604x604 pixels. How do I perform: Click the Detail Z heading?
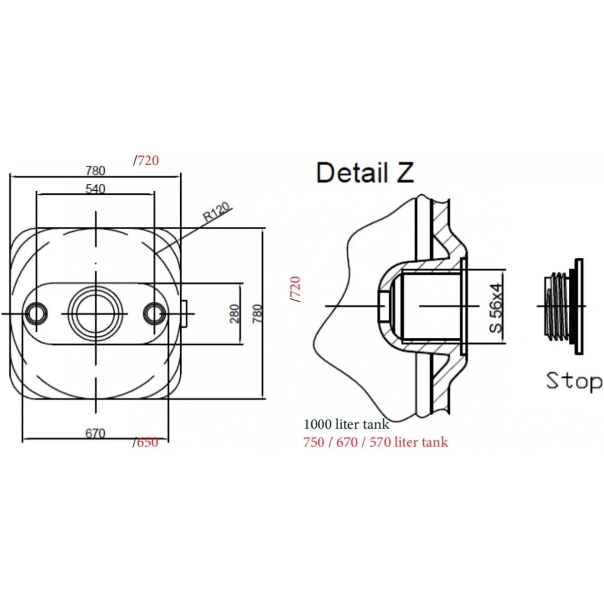pyautogui.click(x=365, y=173)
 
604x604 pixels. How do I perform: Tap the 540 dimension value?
pyautogui.click(x=95, y=189)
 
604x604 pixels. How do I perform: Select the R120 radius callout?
pyautogui.click(x=217, y=211)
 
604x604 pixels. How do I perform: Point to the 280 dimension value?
pyautogui.click(x=234, y=314)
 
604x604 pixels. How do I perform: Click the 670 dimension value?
pyautogui.click(x=95, y=433)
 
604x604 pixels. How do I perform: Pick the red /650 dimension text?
pyautogui.click(x=145, y=443)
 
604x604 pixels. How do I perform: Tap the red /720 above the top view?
pyautogui.click(x=146, y=161)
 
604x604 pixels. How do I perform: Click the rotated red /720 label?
pyautogui.click(x=295, y=289)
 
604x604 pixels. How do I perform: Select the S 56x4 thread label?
pyautogui.click(x=496, y=308)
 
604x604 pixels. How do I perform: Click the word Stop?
pyautogui.click(x=574, y=382)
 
